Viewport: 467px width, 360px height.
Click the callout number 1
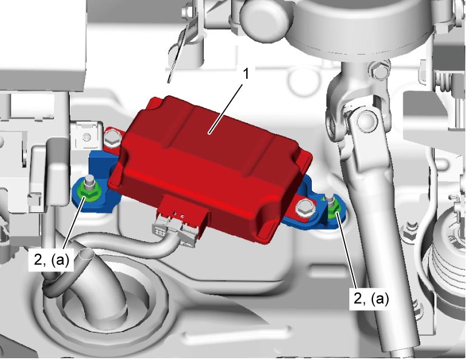[246, 75]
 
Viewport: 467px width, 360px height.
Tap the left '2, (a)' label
[51, 260]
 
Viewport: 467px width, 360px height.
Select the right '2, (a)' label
[371, 298]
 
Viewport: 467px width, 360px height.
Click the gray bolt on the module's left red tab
[112, 138]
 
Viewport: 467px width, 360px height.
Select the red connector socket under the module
[182, 208]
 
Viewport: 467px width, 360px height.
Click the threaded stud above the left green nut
[88, 182]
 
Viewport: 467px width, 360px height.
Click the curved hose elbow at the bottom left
[98, 279]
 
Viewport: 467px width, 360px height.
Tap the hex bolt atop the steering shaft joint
[379, 70]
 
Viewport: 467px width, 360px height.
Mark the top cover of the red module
[209, 131]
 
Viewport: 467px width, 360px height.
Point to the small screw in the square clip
[87, 138]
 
